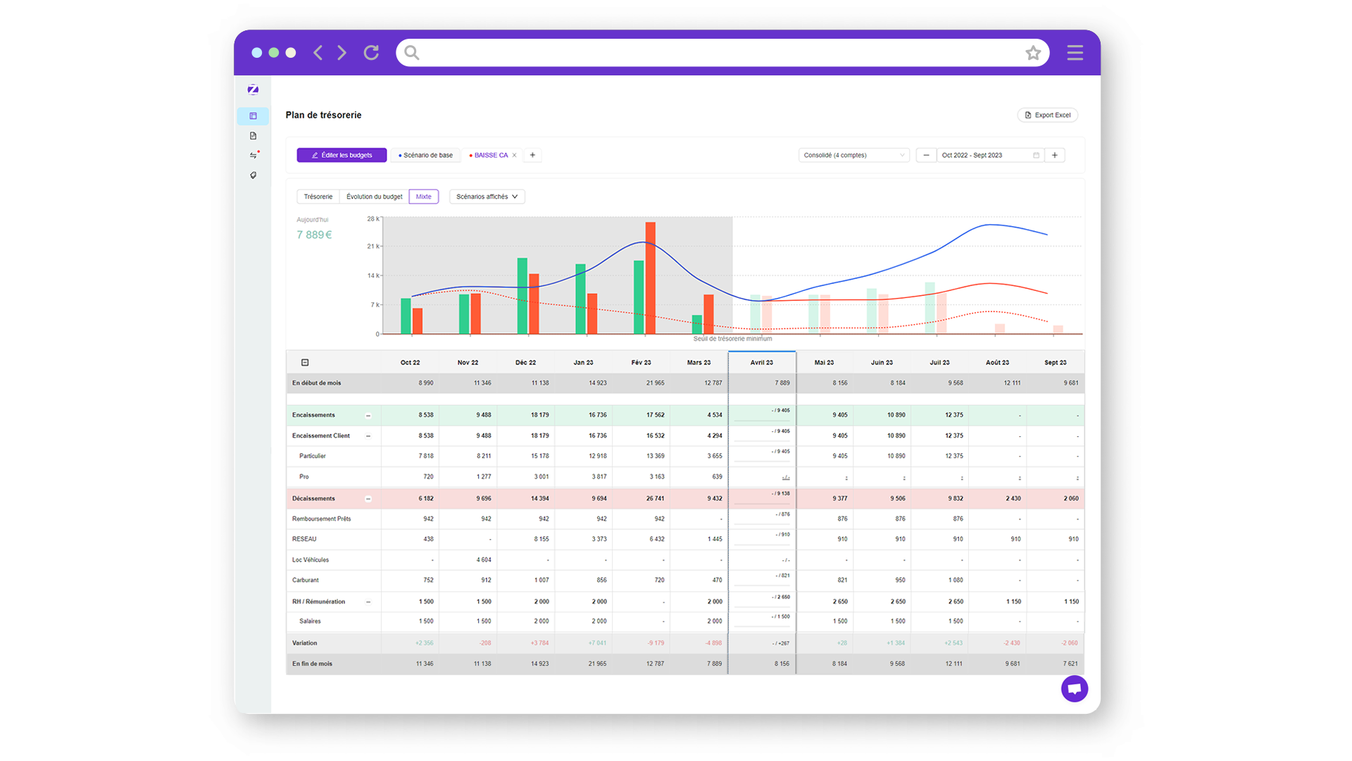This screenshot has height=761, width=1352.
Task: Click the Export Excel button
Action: click(x=1048, y=115)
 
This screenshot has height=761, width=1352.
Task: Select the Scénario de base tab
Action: click(x=426, y=155)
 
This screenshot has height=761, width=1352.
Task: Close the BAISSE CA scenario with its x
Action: click(x=515, y=155)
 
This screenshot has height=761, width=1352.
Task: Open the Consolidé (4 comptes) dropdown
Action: click(x=853, y=155)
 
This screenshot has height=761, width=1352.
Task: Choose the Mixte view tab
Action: click(x=423, y=197)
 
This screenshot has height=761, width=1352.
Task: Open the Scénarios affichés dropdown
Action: click(x=487, y=197)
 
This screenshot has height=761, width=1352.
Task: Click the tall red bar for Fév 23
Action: click(x=650, y=278)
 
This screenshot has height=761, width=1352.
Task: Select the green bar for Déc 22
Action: click(x=522, y=296)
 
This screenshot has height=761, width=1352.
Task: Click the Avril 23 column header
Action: click(x=761, y=362)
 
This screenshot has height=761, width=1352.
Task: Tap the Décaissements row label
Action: click(x=314, y=498)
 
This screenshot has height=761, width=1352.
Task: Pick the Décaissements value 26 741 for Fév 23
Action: click(x=655, y=498)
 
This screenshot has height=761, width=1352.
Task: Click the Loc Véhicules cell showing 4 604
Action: click(x=484, y=560)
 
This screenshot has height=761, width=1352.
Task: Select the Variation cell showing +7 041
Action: click(x=597, y=643)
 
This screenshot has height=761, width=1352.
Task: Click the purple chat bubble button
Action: click(x=1074, y=688)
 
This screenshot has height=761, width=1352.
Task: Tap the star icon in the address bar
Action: click(x=1033, y=53)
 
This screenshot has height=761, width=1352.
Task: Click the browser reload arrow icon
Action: click(x=371, y=53)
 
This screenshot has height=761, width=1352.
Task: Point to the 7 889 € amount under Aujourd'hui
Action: click(x=314, y=235)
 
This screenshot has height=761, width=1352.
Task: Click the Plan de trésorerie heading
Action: click(x=323, y=115)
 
